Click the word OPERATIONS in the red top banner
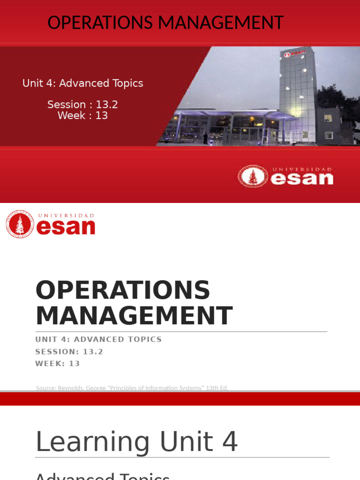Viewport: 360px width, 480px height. tap(102, 22)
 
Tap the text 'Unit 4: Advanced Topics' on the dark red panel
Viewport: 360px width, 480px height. tap(82, 83)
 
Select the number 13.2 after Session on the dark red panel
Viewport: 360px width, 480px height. tap(106, 105)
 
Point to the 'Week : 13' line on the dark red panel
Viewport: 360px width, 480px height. tap(82, 115)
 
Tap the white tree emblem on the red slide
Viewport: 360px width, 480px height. tap(253, 177)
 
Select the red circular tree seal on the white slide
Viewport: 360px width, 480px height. tap(20, 224)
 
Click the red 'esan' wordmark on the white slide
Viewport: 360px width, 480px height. tap(66, 227)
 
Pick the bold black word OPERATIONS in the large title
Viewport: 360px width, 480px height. tap(123, 290)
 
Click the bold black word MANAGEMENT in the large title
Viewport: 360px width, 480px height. tap(134, 315)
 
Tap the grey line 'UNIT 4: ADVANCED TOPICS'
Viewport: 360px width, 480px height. tap(98, 339)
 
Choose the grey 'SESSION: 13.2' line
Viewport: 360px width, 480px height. tap(69, 352)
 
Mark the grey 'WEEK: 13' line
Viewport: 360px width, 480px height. tap(58, 364)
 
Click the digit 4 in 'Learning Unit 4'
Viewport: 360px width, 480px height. tap(231, 442)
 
